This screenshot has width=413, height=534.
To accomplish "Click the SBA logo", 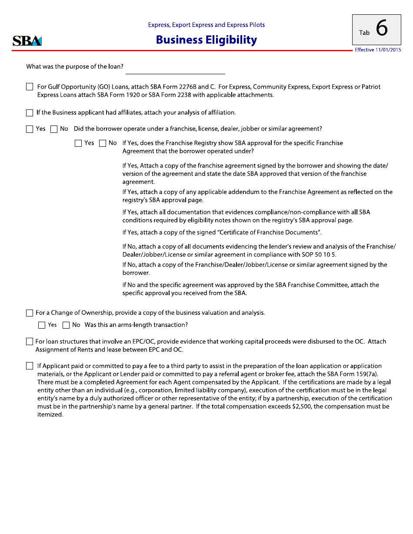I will (27, 41).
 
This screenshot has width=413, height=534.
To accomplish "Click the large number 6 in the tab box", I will (382, 29).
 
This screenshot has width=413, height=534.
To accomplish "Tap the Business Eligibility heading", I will (206, 40).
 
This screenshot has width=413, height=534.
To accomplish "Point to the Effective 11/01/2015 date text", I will (378, 50).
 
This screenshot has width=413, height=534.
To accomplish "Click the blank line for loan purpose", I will (175, 69).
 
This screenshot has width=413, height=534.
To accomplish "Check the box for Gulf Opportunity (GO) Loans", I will (30, 87).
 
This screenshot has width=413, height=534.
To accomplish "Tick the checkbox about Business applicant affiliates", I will (30, 113).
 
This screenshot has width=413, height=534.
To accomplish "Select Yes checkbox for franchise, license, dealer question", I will (30, 129).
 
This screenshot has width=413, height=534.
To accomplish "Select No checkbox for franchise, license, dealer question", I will (54, 129).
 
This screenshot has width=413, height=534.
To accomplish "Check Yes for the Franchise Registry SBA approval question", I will (78, 143).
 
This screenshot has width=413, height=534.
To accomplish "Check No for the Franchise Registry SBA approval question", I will (103, 143).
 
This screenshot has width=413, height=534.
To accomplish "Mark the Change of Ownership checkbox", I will (30, 313).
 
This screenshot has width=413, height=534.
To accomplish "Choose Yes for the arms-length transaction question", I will (42, 325).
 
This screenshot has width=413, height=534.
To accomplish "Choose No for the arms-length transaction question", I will (66, 325).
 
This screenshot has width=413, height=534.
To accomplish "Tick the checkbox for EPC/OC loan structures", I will (30, 342).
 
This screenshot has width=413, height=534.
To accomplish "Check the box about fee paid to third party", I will (30, 366).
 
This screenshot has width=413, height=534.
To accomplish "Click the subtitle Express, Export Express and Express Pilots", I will (206, 25).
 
